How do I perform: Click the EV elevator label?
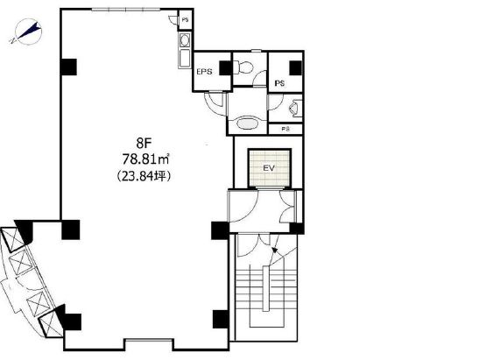point(269,168)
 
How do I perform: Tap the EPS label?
point(204,72)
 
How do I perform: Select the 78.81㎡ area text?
point(146,159)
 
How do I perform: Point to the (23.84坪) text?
point(144,176)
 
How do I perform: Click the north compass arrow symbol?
point(27,32)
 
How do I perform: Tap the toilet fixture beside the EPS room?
point(243,67)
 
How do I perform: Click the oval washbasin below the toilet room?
point(248,124)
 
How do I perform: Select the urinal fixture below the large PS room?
point(294,109)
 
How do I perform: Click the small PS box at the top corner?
point(185,20)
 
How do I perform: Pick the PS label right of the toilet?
point(279,83)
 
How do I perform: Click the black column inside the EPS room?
point(225,67)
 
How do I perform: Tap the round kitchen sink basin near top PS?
point(185,40)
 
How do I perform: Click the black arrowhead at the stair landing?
point(275,251)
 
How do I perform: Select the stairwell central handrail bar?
point(266,289)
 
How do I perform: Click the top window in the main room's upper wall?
point(126,10)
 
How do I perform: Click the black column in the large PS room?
point(295,67)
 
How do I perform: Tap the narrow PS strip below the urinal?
point(285,129)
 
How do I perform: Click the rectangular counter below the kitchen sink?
point(185,58)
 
